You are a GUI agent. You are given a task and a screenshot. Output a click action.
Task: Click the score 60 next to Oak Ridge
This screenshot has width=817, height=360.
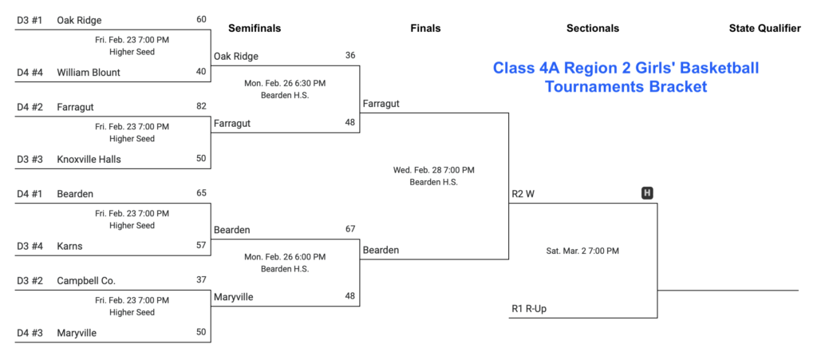point(201,19)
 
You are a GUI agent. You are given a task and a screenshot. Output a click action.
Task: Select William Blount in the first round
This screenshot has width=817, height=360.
point(88,72)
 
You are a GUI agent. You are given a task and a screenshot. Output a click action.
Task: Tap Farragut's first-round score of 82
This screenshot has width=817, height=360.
point(201,106)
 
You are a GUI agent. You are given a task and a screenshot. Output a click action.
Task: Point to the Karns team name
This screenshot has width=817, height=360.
point(69,246)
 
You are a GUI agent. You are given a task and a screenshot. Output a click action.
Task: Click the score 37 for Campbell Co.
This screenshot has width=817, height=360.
point(201,280)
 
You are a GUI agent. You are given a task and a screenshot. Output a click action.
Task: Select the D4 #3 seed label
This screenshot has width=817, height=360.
point(30,333)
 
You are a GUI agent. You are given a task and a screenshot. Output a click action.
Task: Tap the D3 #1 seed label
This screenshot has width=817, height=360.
point(30,20)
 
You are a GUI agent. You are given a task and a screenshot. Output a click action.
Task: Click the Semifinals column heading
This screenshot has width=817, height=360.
point(255,29)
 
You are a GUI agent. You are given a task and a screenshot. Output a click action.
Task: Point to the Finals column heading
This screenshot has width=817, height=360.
point(425,29)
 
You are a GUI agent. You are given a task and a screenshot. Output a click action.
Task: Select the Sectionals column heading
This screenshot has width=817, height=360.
point(592,29)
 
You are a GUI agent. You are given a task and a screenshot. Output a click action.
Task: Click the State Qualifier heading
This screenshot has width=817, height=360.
point(764,29)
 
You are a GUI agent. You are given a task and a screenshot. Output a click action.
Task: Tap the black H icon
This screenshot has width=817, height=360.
point(648,193)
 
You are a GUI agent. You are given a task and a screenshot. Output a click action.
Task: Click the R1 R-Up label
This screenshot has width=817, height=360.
point(529,308)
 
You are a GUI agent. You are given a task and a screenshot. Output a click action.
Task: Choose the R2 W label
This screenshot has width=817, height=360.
point(523,194)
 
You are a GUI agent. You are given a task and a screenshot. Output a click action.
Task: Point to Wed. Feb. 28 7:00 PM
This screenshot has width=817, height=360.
point(433,170)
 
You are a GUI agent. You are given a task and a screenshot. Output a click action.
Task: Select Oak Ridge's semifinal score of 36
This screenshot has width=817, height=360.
point(350,56)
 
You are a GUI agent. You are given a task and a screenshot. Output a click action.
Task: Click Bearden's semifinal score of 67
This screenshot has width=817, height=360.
point(350,229)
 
